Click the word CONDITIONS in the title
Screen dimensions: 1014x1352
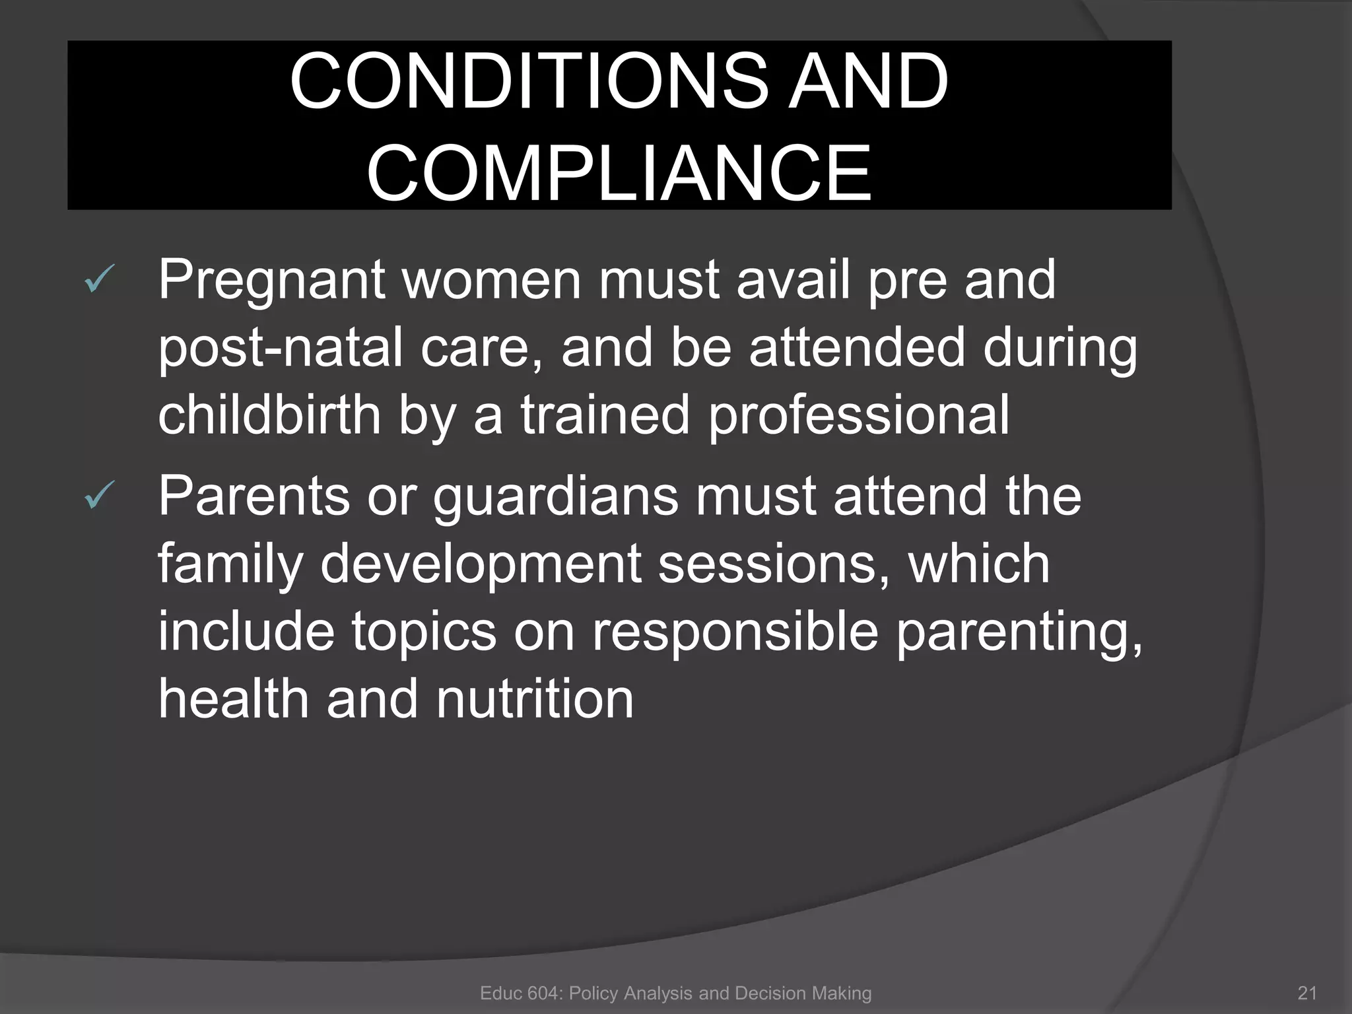(529, 82)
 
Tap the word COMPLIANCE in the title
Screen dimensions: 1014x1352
(619, 174)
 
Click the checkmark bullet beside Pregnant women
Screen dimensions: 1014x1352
(100, 280)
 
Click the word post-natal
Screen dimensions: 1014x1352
(281, 349)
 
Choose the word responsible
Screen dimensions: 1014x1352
(735, 632)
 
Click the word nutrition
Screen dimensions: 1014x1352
(535, 700)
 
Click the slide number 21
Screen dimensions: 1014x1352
(1307, 994)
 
